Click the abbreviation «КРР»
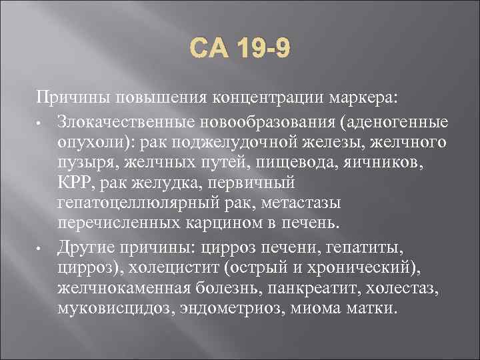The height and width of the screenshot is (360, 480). click(x=75, y=183)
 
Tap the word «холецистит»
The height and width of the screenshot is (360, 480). click(x=172, y=269)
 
